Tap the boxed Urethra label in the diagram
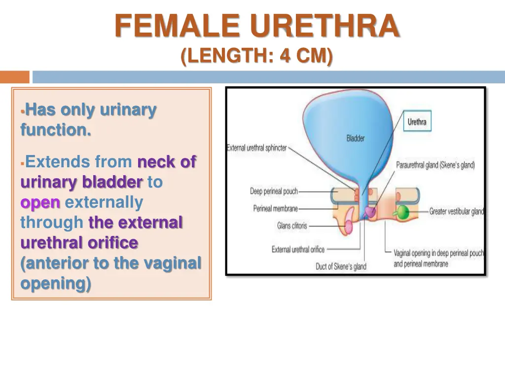[x=417, y=121]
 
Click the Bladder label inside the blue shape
[x=355, y=138]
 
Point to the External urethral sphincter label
[x=256, y=148]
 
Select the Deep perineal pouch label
[x=274, y=191]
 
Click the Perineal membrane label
[x=275, y=208]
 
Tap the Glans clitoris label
[x=291, y=226]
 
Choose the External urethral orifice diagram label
[x=298, y=249]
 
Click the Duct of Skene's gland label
[x=341, y=266]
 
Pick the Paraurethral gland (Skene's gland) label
[x=435, y=165]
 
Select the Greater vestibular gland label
[x=456, y=211]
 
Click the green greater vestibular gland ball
[x=404, y=211]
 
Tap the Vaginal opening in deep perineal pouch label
[x=438, y=253]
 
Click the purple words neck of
[x=167, y=161]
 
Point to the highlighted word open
[x=40, y=202]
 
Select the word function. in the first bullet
[x=56, y=130]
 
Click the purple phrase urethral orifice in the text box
[x=79, y=243]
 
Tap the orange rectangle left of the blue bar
[x=14, y=77]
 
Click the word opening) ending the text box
[x=56, y=284]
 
